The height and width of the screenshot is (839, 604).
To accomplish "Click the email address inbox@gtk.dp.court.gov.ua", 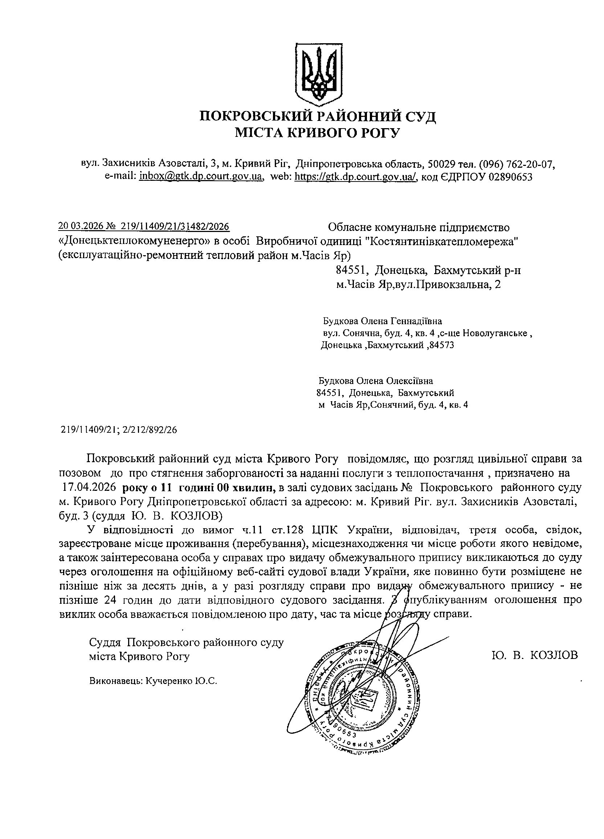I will [x=201, y=176].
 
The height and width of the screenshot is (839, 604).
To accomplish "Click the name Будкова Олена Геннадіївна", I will [x=383, y=320].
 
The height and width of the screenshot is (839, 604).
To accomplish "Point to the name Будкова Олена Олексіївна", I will [x=376, y=381].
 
